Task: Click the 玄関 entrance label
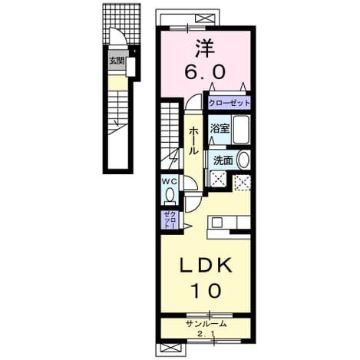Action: coord(117,61)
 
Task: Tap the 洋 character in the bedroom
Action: coord(205,48)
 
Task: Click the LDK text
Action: coord(206,266)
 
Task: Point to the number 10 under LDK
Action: coord(206,291)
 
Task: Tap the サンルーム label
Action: coord(206,324)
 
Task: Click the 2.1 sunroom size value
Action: coord(206,334)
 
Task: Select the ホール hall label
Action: coord(193,141)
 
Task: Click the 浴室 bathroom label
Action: coord(220,129)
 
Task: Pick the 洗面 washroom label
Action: coord(223,160)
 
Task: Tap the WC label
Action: coord(170,181)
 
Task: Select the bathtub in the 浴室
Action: coord(241,130)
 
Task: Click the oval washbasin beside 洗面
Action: coord(243,160)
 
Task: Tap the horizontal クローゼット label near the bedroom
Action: coord(229,103)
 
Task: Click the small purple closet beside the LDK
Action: coord(170,220)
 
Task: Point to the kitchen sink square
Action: coord(217,223)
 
